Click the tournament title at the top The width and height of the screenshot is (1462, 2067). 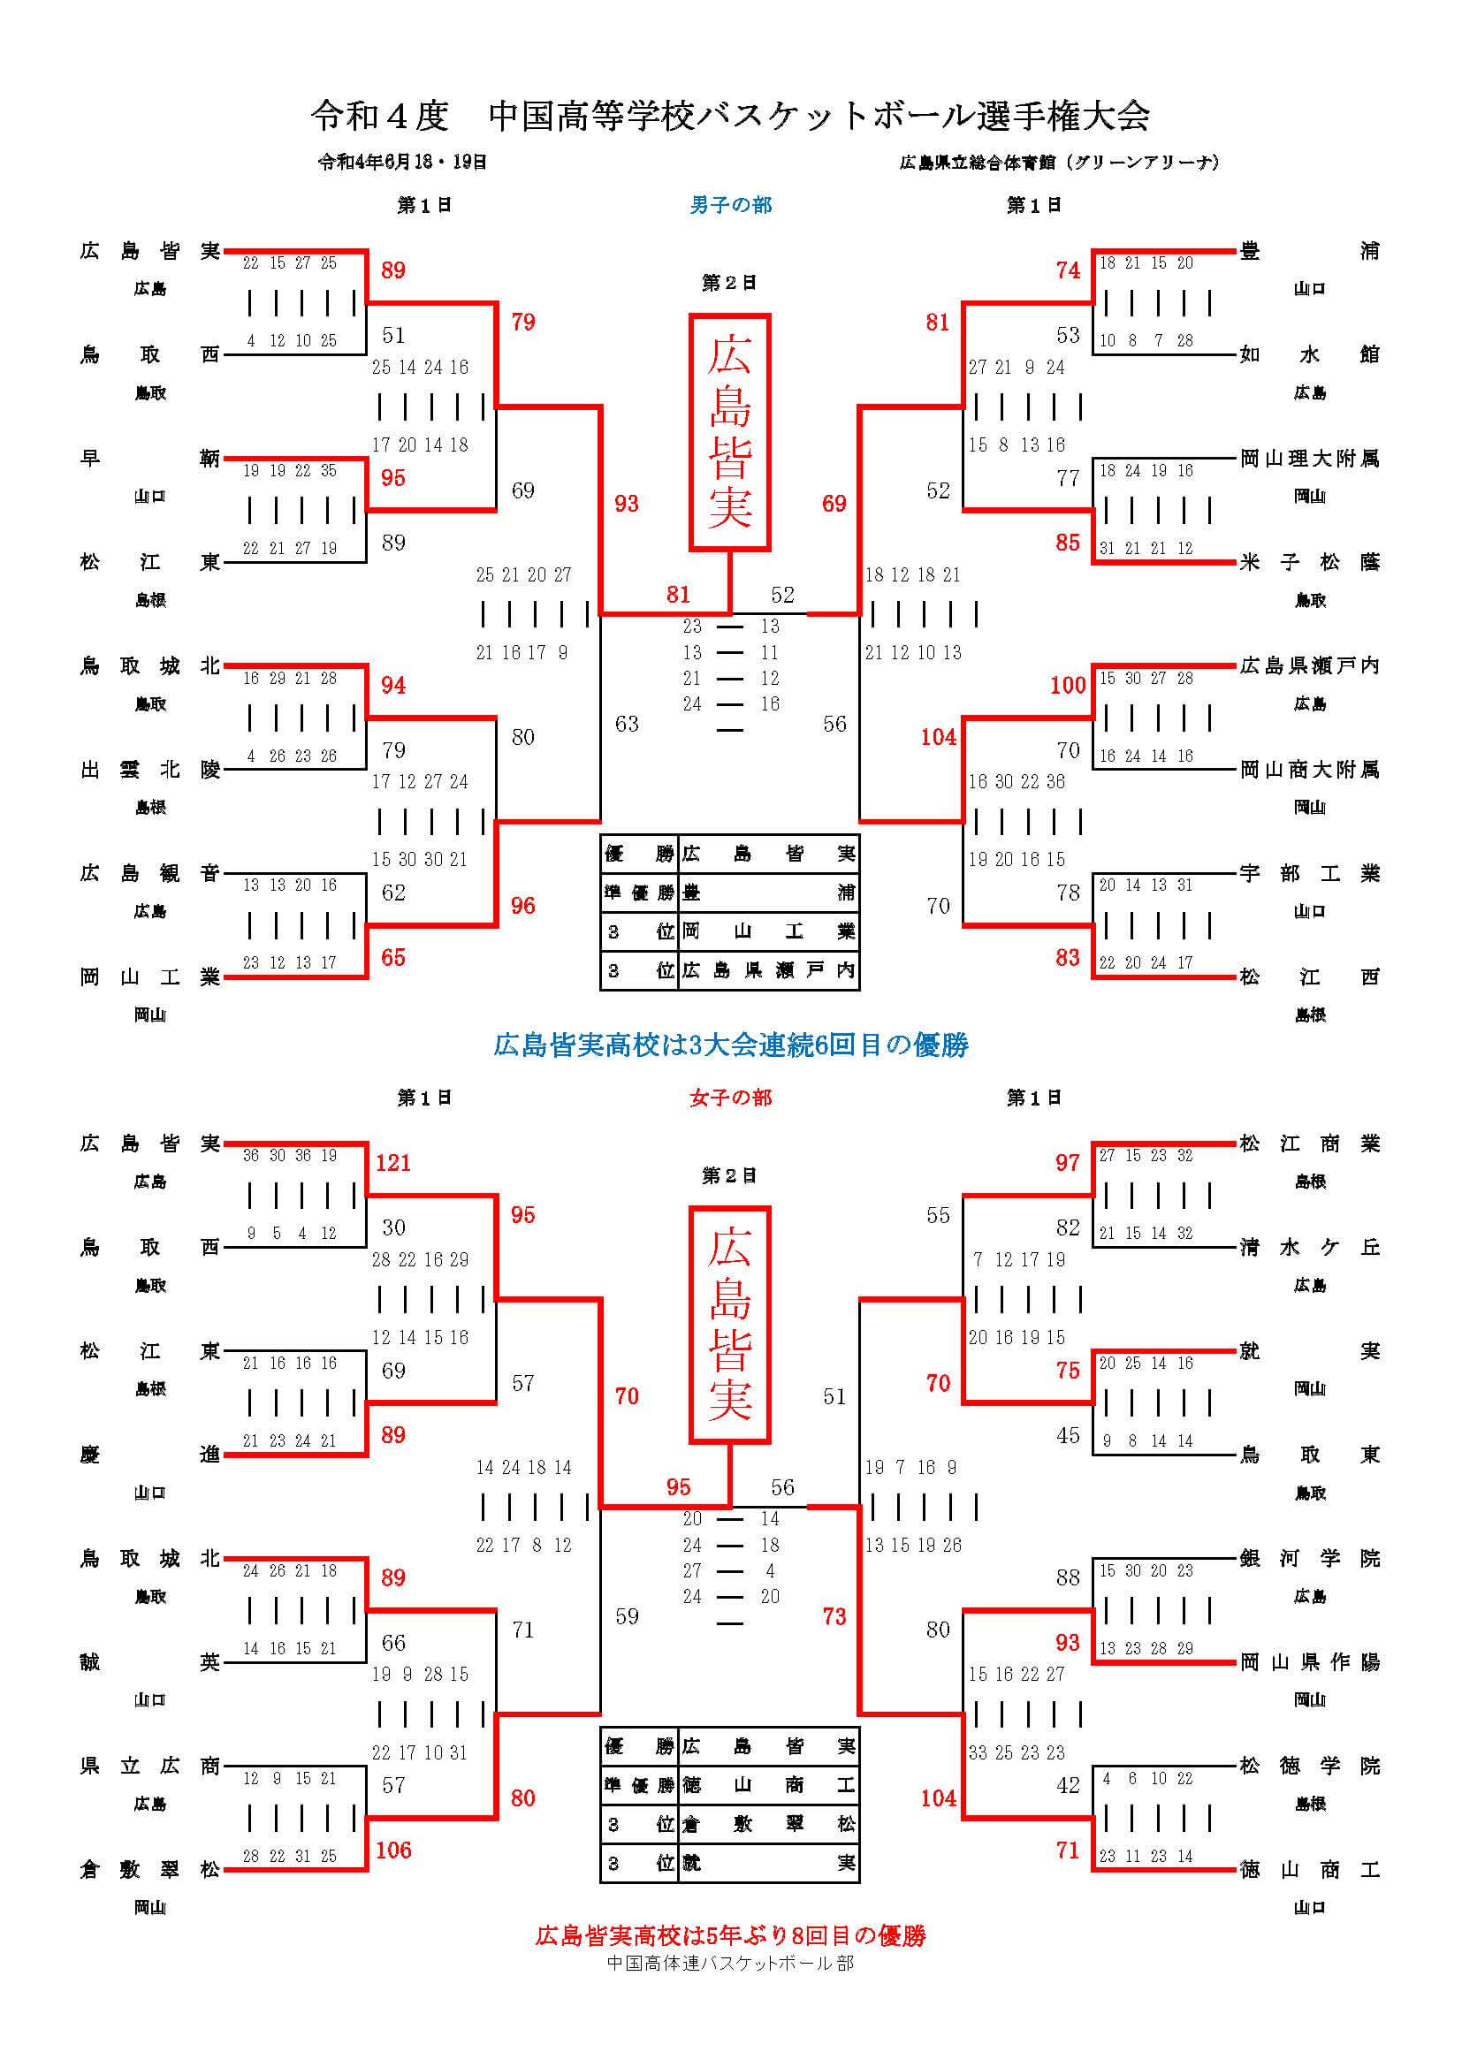point(730,115)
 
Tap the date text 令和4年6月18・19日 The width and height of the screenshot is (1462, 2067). point(402,162)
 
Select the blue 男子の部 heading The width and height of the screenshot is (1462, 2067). point(730,205)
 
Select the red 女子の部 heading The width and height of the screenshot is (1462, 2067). point(730,1098)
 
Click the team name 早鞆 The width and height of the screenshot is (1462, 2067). point(149,459)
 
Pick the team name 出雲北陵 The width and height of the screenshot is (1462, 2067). point(149,770)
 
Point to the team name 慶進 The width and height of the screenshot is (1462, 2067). point(149,1455)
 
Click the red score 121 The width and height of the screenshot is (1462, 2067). point(393,1163)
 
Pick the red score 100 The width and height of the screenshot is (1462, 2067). point(1068,685)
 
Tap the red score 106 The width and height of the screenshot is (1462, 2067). point(393,1850)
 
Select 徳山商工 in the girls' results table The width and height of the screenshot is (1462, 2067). point(768,1785)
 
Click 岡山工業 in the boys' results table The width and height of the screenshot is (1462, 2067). point(768,931)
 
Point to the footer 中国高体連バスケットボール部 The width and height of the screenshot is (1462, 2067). point(730,1964)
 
